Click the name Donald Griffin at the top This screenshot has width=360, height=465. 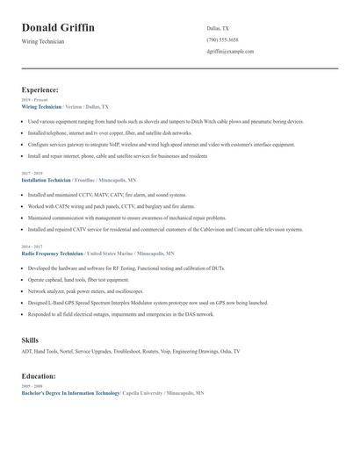click(x=58, y=28)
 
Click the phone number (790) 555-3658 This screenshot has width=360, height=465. click(x=222, y=39)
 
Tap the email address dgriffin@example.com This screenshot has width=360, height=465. click(x=230, y=52)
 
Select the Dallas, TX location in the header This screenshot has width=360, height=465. click(x=218, y=28)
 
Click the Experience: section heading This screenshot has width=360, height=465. click(x=40, y=89)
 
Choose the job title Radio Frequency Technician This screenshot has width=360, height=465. click(x=52, y=253)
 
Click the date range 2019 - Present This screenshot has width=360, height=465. click(x=34, y=101)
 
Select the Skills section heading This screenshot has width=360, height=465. click(x=30, y=339)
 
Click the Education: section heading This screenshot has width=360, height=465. click(x=40, y=376)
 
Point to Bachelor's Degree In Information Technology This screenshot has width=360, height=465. click(x=70, y=393)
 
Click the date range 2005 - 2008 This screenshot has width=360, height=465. click(x=32, y=387)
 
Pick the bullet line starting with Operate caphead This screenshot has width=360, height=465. click(x=73, y=279)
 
